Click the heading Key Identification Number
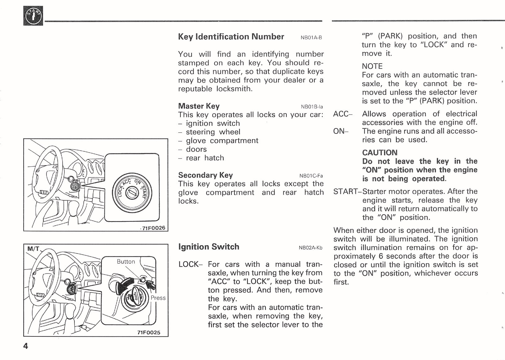tap(231, 37)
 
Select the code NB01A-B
tap(311, 38)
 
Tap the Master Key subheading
tap(199, 106)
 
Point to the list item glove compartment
tap(222, 141)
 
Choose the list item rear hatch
tap(205, 158)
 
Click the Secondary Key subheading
tap(205, 175)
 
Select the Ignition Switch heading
tap(209, 247)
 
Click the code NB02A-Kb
tap(310, 248)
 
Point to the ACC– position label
tap(343, 114)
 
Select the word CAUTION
tap(379, 153)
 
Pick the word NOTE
tap(372, 66)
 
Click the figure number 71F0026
tap(153, 228)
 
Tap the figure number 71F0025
tap(149, 333)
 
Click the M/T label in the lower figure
tap(33, 249)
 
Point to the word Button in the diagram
tap(126, 262)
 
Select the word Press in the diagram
tap(158, 298)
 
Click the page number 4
tap(26, 346)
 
